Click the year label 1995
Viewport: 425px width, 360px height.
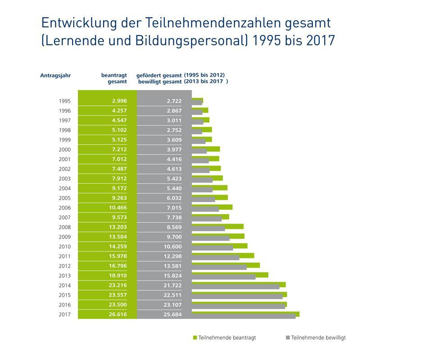tap(65, 101)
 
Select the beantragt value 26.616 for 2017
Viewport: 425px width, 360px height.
tap(118, 315)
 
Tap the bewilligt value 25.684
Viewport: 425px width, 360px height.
tap(172, 315)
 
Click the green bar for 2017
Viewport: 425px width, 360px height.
tap(245, 313)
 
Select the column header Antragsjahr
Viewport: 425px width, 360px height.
tap(55, 76)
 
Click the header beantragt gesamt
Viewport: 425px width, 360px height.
tap(114, 78)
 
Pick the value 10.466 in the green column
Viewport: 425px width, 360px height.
tap(118, 208)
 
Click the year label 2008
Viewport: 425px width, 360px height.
tap(65, 227)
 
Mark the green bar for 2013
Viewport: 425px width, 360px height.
tap(230, 274)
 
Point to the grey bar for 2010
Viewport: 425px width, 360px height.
tap(212, 248)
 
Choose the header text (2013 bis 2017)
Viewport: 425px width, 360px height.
tap(206, 81)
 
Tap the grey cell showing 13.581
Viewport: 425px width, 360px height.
tap(172, 266)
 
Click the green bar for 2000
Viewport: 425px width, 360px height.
tap(206, 148)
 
